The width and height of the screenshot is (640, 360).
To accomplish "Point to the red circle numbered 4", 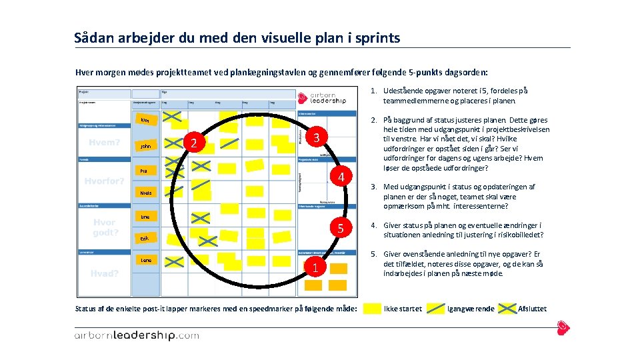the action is tap(341, 178).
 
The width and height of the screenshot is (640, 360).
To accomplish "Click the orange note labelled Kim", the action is tap(145, 120).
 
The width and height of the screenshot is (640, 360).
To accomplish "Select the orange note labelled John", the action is tap(145, 146).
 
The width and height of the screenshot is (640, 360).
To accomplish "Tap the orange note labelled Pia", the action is tap(144, 171).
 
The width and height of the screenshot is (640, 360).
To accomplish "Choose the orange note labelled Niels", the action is tap(145, 193).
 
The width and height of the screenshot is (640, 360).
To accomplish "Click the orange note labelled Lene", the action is tap(146, 260).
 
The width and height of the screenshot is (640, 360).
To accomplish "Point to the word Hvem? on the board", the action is tap(104, 142).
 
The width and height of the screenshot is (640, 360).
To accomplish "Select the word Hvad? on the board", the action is tap(105, 273).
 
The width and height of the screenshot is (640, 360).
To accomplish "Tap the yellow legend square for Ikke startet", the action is tap(373, 309).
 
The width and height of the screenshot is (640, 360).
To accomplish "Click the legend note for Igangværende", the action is tap(436, 309).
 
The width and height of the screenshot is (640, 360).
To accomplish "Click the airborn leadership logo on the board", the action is tap(323, 97).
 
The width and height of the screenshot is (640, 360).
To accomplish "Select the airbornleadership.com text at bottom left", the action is tap(136, 335).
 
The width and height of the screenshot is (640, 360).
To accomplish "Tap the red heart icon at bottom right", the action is tap(563, 327).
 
